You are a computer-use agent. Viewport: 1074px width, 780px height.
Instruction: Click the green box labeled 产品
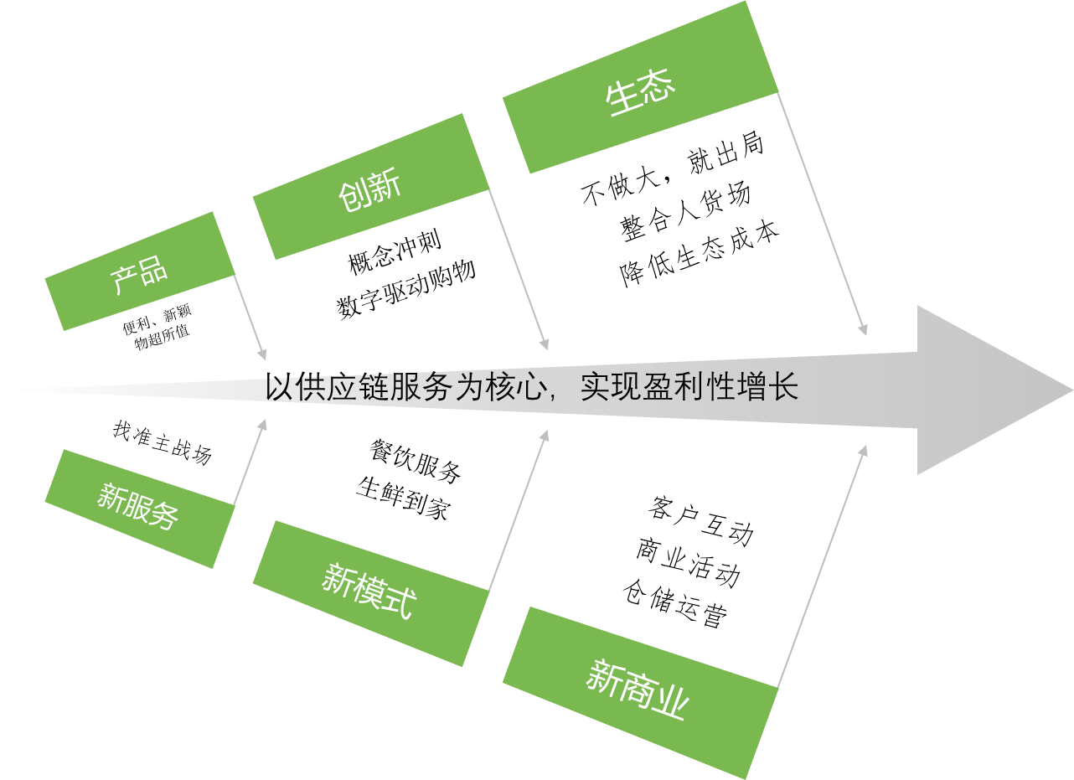pyautogui.click(x=139, y=271)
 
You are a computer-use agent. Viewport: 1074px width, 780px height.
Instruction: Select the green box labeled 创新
pyautogui.click(x=370, y=187)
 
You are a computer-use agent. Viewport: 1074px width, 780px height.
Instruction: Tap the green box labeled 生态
pyautogui.click(x=640, y=87)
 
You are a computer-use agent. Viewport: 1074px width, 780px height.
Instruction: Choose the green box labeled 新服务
pyautogui.click(x=139, y=508)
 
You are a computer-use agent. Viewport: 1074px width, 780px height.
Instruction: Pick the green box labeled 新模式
pyautogui.click(x=370, y=593)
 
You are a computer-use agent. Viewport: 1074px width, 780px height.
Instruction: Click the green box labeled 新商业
pyautogui.click(x=640, y=692)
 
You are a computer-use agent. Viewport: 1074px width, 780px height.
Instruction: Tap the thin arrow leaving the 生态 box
pyautogui.click(x=822, y=214)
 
